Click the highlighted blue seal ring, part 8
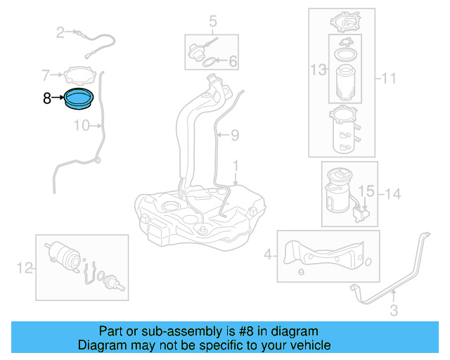(79, 100)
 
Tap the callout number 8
(46, 99)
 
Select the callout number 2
(60, 32)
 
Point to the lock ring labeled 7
(79, 74)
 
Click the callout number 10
(82, 126)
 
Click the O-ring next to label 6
(210, 63)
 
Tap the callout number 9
(236, 134)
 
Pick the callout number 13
(319, 69)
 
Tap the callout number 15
(366, 191)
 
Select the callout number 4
(268, 255)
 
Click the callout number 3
(394, 309)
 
